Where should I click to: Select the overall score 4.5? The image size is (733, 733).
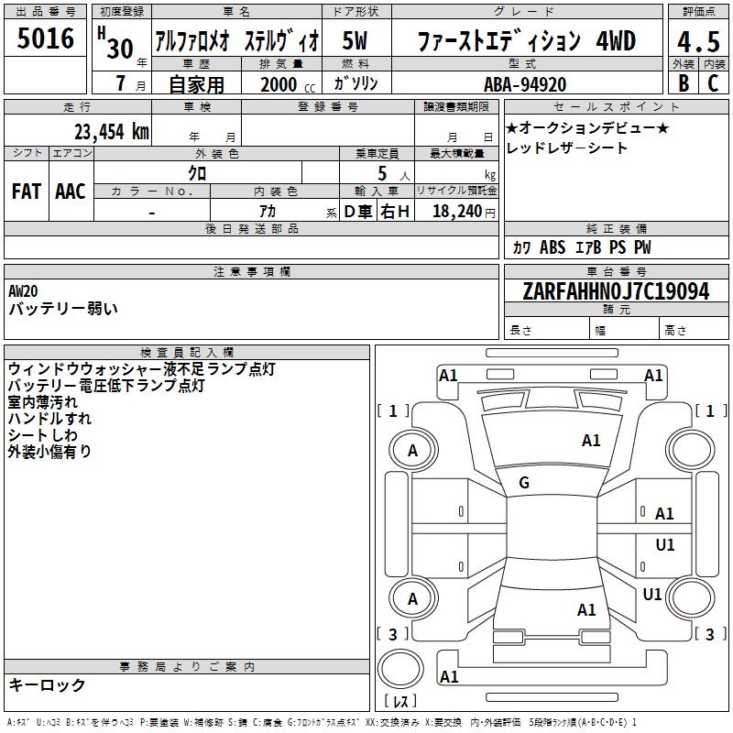[697, 42]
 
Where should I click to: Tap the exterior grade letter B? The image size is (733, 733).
[683, 83]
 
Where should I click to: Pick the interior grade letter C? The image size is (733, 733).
[713, 83]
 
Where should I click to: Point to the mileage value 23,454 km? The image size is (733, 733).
[107, 131]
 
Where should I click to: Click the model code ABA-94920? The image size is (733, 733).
[524, 84]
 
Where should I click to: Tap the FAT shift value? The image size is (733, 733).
[27, 191]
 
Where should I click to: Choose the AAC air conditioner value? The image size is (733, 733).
[70, 191]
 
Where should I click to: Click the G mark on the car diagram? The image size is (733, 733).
[524, 483]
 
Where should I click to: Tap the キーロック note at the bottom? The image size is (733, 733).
[47, 684]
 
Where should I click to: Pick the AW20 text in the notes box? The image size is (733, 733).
[23, 290]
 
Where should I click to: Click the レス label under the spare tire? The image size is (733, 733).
[401, 703]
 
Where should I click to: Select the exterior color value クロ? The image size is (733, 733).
[197, 171]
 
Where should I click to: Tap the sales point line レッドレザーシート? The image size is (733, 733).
[567, 148]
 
